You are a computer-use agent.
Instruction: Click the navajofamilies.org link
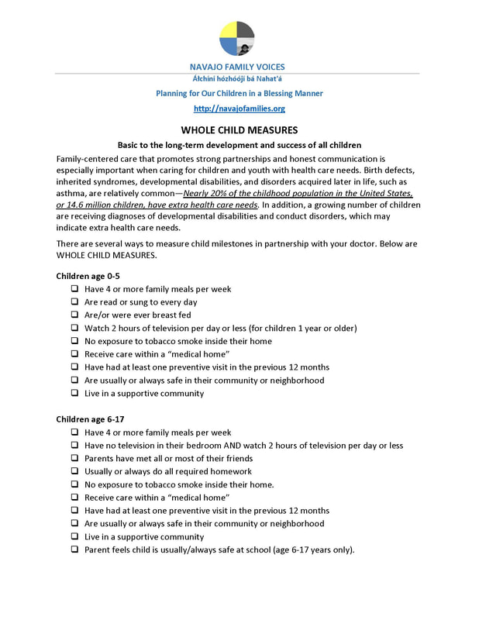click(239, 108)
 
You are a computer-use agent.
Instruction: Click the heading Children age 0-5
click(88, 276)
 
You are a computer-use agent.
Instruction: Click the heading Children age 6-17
click(91, 419)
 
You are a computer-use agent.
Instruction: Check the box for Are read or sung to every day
click(74, 302)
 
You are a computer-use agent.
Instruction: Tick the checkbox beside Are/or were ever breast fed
click(74, 315)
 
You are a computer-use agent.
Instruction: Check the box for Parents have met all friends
click(74, 459)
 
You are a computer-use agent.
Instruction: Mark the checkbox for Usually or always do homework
click(74, 472)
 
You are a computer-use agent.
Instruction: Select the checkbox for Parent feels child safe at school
click(74, 550)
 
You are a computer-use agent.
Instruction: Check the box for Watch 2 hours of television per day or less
click(74, 329)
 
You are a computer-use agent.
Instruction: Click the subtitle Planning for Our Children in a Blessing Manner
click(239, 93)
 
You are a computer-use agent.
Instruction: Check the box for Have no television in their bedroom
click(74, 446)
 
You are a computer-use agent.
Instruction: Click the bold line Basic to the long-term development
click(239, 145)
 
